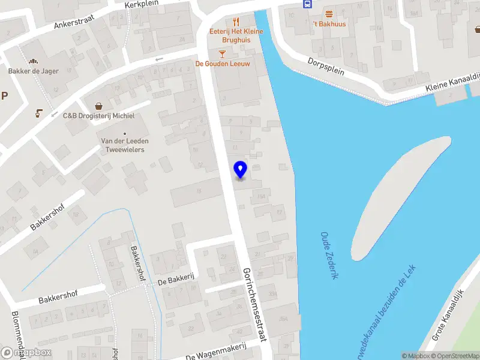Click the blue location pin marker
pos(241,169)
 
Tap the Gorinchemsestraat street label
pos(255,304)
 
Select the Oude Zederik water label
pos(330,255)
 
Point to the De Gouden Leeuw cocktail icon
pos(223,53)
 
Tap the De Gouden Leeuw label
pos(223,64)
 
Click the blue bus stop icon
pos(307,4)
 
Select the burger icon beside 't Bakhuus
pos(329,13)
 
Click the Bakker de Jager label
pos(34,71)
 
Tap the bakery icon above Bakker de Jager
pos(34,61)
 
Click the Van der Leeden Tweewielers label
pos(125,145)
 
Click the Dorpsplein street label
pos(326,66)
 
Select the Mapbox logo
pos(26,353)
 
